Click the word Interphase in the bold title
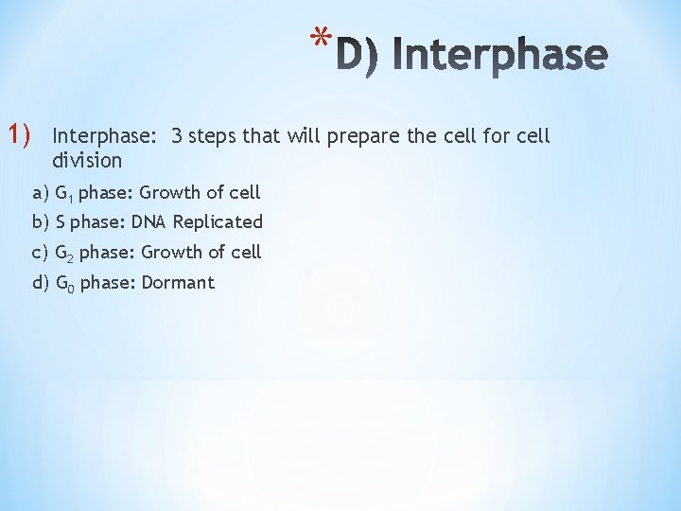click(498, 56)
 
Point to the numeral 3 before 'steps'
click(177, 135)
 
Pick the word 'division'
click(88, 160)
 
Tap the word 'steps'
click(213, 136)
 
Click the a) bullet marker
click(41, 193)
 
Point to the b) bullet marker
click(41, 222)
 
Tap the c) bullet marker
click(41, 253)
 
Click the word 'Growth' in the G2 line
click(169, 253)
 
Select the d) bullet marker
click(41, 282)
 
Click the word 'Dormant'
click(178, 282)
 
